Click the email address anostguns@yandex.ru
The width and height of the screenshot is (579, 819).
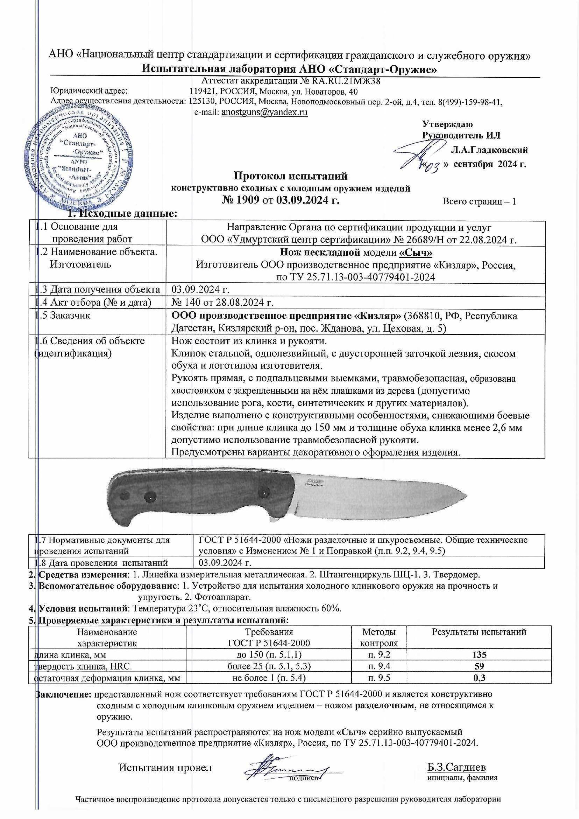pyautogui.click(x=264, y=112)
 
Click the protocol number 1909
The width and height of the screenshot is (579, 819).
pyautogui.click(x=246, y=200)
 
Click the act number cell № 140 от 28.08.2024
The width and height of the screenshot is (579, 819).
pyautogui.click(x=223, y=303)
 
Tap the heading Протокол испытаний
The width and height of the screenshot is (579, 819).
pyautogui.click(x=290, y=176)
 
